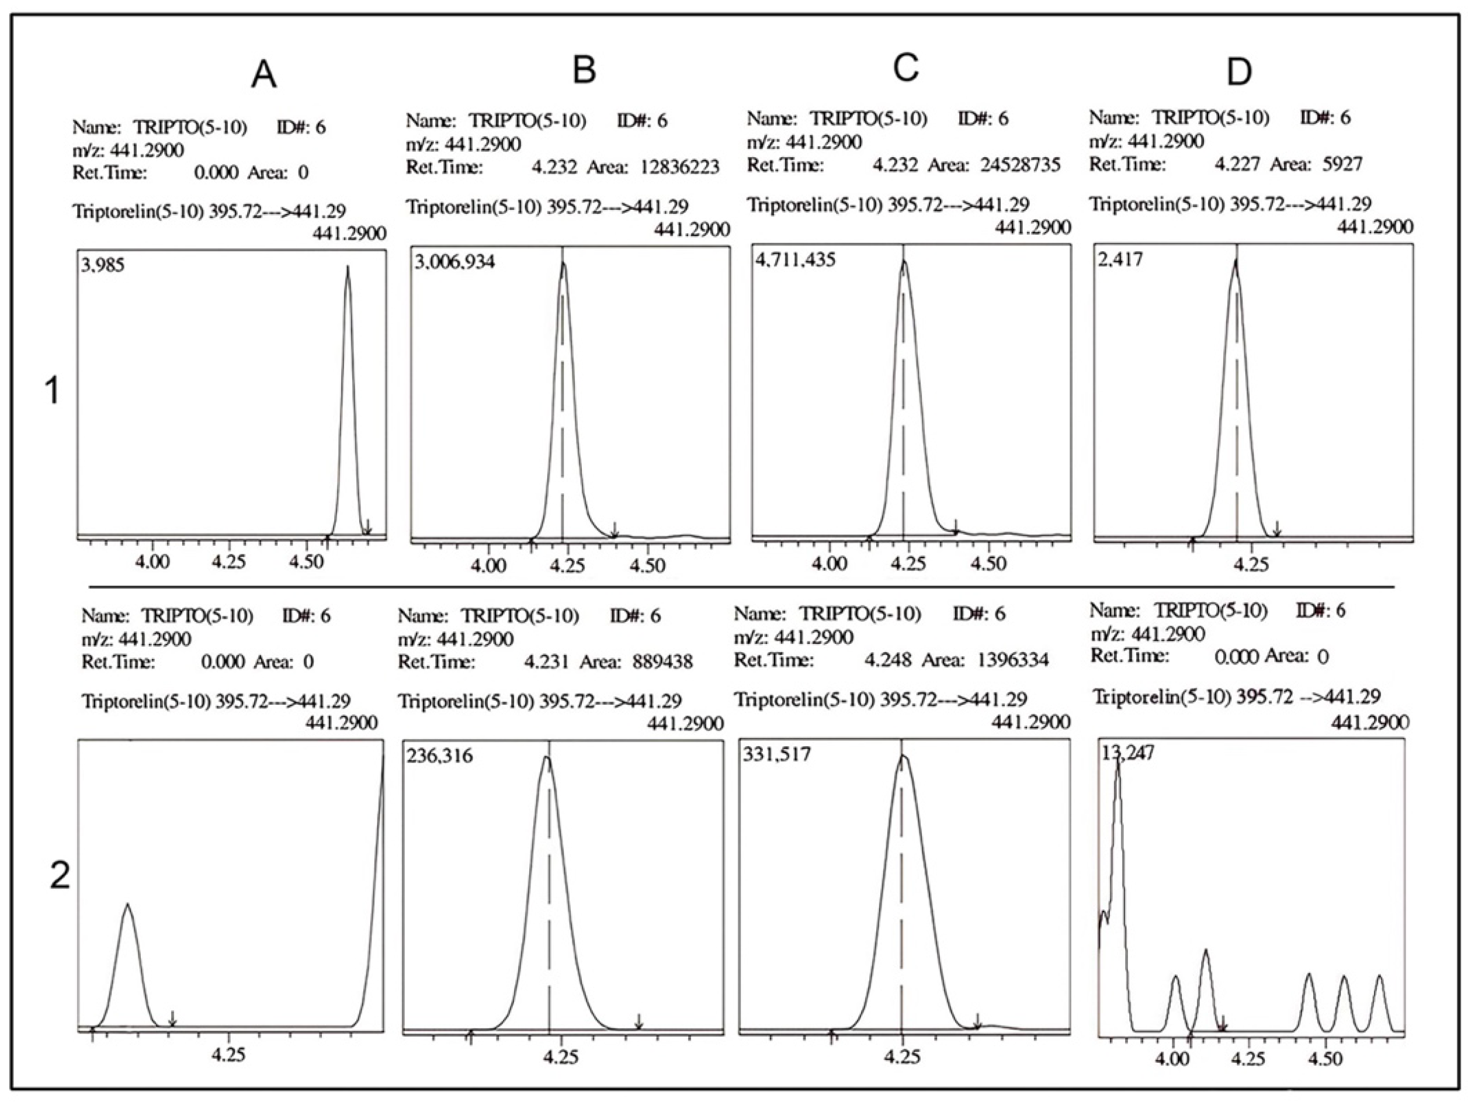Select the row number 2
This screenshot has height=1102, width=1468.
pos(60,877)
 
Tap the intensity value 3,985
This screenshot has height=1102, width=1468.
pos(103,267)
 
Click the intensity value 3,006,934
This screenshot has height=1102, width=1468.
pos(454,262)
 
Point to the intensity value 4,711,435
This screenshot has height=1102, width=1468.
pos(795,259)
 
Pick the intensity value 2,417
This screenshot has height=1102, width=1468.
pos(1121,259)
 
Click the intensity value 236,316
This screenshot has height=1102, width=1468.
pos(439,756)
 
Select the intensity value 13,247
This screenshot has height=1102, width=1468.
pos(1127,753)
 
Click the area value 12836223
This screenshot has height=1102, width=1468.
pos(679,167)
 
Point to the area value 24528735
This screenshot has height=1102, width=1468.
pos(1020,165)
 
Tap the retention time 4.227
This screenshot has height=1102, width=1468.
pos(1237,164)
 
